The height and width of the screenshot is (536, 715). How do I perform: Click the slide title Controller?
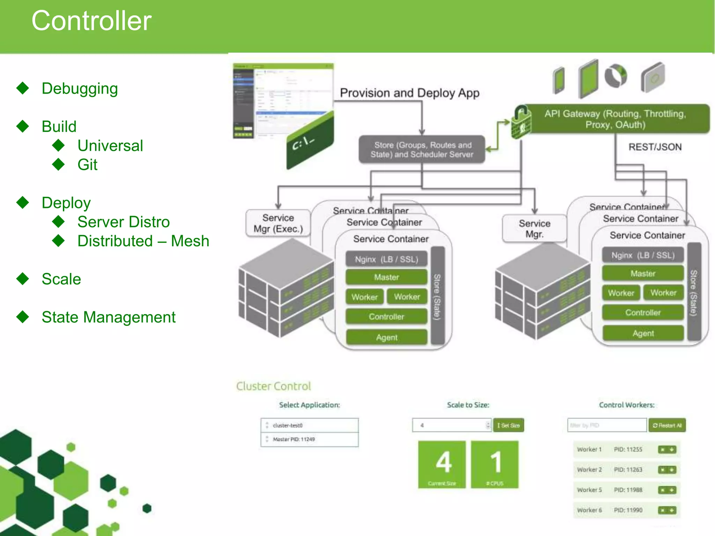click(x=91, y=21)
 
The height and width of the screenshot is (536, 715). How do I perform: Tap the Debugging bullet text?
click(x=80, y=89)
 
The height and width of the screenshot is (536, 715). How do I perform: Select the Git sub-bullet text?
click(x=87, y=165)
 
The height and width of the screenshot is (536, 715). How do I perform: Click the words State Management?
click(x=109, y=317)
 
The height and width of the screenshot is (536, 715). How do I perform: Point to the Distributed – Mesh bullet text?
click(x=143, y=241)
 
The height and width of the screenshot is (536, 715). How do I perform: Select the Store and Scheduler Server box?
click(x=422, y=150)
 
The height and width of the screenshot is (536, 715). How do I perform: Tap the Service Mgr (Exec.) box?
click(x=278, y=223)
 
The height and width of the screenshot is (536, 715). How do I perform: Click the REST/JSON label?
click(x=655, y=147)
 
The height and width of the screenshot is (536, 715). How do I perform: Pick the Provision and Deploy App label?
click(x=410, y=93)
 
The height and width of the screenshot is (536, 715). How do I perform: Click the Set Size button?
click(x=509, y=425)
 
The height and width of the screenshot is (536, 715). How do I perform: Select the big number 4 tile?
click(x=442, y=464)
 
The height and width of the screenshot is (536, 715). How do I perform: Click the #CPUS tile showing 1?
click(x=495, y=464)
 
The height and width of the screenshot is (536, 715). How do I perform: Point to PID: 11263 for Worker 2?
click(x=628, y=470)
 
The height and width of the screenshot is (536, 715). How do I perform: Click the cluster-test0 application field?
click(x=309, y=425)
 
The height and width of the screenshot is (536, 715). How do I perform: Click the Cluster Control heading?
click(x=273, y=386)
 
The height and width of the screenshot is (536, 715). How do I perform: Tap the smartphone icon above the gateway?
click(x=559, y=80)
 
